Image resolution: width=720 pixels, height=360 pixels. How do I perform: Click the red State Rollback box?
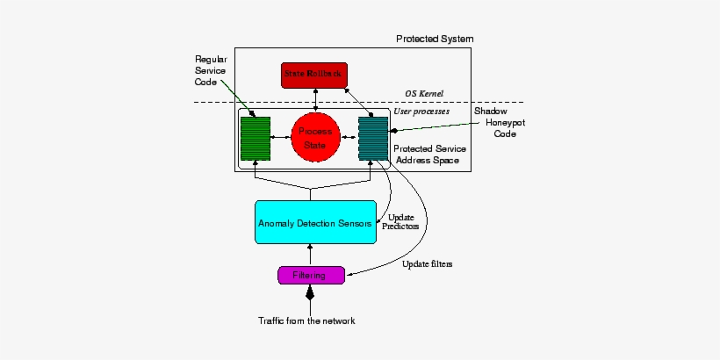tap(315, 75)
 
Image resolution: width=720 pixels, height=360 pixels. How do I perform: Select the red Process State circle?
tap(314, 137)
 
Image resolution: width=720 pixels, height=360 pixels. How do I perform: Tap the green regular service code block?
tap(256, 138)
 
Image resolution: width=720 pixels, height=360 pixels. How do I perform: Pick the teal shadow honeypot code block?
tap(373, 138)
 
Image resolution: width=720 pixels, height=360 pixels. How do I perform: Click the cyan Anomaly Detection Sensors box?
tap(314, 223)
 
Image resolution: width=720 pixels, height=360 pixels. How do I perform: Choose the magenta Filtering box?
tap(309, 275)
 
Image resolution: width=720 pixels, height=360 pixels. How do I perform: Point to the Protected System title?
tap(433, 39)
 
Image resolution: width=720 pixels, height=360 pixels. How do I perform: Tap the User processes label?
tap(421, 112)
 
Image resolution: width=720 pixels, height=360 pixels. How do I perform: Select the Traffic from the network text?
tap(307, 320)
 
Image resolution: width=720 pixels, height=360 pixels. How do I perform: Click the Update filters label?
tap(428, 263)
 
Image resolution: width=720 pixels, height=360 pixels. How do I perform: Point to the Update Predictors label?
tap(400, 221)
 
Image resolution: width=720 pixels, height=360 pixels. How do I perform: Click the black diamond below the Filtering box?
tap(309, 295)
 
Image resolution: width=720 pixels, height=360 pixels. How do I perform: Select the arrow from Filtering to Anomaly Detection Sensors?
tap(309, 256)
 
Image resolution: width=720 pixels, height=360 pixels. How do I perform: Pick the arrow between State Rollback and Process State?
tap(314, 99)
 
